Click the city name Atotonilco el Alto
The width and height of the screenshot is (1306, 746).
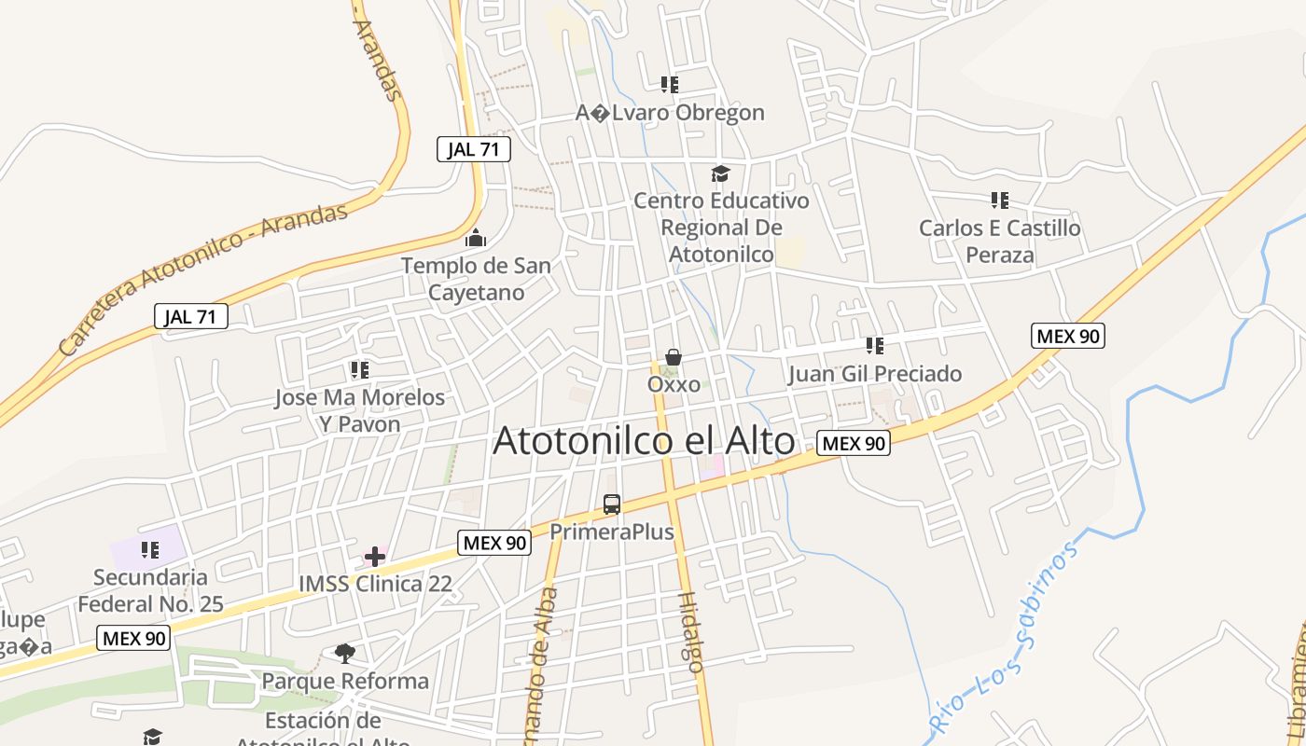pos(644,441)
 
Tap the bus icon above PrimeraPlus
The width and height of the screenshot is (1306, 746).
pos(612,504)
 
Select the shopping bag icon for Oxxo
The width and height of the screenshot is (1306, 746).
pos(674,357)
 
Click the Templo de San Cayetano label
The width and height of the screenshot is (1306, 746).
pos(476,279)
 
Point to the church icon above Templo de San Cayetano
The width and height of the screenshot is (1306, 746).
pos(476,238)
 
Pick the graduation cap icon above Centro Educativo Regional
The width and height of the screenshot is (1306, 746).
pos(720,173)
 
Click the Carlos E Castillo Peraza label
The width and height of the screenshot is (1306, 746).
pos(1000,242)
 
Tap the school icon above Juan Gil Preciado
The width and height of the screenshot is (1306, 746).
pos(874,346)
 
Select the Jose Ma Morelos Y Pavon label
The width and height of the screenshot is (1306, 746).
pos(359,410)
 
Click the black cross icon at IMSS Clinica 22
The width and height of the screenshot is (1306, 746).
pos(375,557)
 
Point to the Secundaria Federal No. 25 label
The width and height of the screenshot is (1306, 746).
pos(150,590)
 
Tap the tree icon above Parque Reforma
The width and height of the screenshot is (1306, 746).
pos(345,654)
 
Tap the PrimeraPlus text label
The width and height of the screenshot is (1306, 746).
pos(612,532)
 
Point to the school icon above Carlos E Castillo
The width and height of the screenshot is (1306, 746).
pos(1000,200)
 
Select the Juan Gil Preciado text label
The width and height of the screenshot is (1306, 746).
pos(874,375)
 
